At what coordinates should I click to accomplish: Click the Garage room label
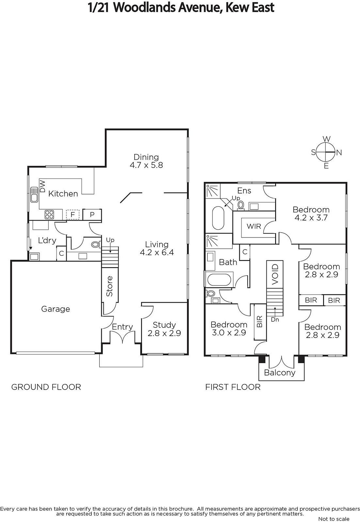coord(55,309)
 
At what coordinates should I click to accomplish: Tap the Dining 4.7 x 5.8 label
coord(146,161)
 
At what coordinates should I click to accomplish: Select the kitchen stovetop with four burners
coord(49,215)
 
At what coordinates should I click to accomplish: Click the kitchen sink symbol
coord(34,194)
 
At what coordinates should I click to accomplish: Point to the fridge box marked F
coord(72,214)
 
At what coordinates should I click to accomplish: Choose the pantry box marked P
coord(92,214)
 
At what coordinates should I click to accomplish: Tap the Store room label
coord(109,286)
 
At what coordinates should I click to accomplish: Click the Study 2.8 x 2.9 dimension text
coord(164,333)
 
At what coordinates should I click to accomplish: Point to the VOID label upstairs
coord(275,274)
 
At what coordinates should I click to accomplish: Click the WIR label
coord(254,226)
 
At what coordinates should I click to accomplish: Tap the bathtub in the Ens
coord(218,218)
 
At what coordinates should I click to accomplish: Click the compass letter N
coord(339,153)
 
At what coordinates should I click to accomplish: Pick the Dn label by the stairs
coord(275,320)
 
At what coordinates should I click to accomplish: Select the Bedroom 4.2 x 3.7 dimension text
coord(311,218)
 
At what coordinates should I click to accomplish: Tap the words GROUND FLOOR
coord(46,387)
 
